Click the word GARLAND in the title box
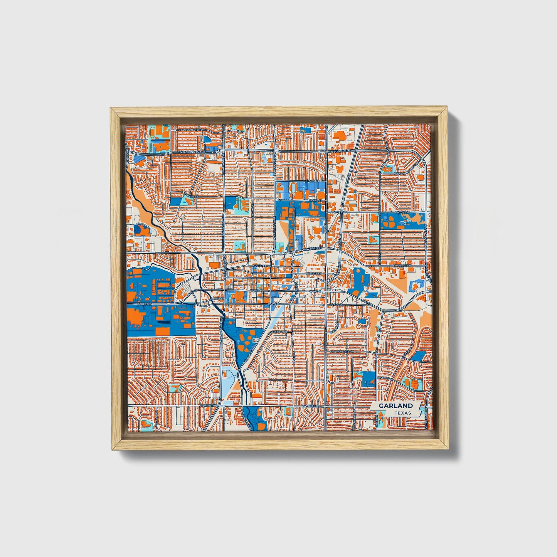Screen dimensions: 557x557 395,406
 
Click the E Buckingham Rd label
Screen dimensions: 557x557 343,151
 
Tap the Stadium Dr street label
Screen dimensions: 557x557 313,180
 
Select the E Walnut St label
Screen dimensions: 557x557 403,266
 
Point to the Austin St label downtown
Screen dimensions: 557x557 259,266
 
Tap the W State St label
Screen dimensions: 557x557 313,273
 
